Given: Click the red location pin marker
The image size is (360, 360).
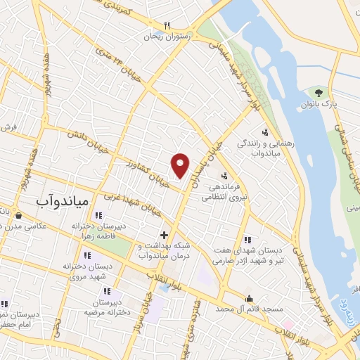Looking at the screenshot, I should coord(181,165).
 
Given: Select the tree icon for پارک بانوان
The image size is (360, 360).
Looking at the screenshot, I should coord(320,93).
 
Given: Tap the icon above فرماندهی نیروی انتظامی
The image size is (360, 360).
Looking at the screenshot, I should coord(224,176).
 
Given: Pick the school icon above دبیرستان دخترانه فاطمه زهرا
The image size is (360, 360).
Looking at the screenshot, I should coord(97,215).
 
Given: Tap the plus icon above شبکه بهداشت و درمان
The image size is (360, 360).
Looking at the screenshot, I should coord(163,235).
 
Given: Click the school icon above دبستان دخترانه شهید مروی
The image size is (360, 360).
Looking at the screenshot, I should coord(87,255).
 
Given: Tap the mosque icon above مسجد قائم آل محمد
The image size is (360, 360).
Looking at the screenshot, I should coord(248,297).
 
